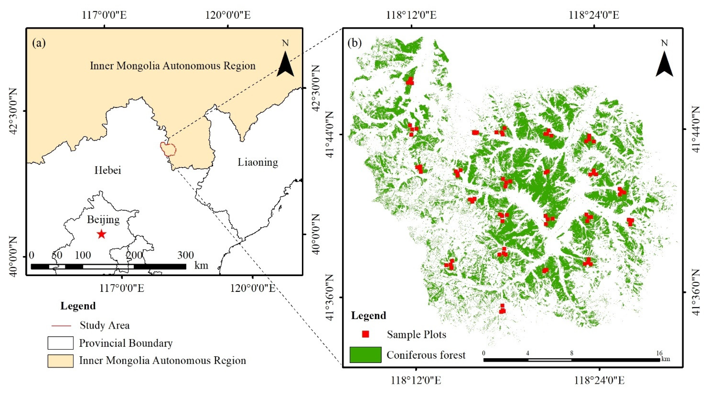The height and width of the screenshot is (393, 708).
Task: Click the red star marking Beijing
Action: point(101,234)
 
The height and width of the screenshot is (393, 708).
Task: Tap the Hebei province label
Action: point(107,170)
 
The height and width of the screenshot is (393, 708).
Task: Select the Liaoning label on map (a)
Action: point(258,162)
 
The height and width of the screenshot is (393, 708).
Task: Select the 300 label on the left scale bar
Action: point(186,255)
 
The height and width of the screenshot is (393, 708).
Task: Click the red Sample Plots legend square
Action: point(365,334)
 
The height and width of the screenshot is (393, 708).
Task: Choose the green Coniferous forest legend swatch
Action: point(365,355)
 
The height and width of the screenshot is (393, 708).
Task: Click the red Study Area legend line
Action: point(61,326)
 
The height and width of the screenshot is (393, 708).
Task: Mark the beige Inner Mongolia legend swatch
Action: point(61,361)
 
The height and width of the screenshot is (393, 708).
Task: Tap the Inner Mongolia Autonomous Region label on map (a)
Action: point(173,66)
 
